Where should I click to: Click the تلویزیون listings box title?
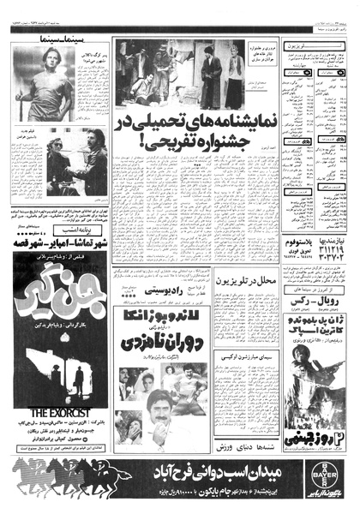click(x=314, y=42)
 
